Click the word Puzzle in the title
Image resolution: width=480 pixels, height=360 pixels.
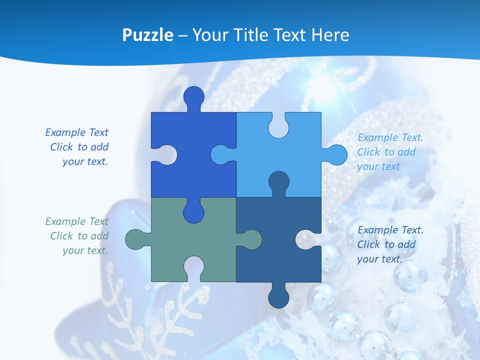pyautogui.click(x=147, y=35)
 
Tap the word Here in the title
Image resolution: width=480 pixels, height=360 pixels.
pyautogui.click(x=329, y=35)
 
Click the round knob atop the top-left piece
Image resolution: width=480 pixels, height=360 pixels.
pyautogui.click(x=193, y=97)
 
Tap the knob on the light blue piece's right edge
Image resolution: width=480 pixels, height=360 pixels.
pyautogui.click(x=336, y=154)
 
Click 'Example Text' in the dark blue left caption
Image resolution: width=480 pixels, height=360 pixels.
pyautogui.click(x=76, y=132)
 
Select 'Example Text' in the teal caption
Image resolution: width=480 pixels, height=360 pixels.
pyautogui.click(x=76, y=221)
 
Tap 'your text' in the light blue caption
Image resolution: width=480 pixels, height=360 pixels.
pyautogui.click(x=378, y=166)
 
